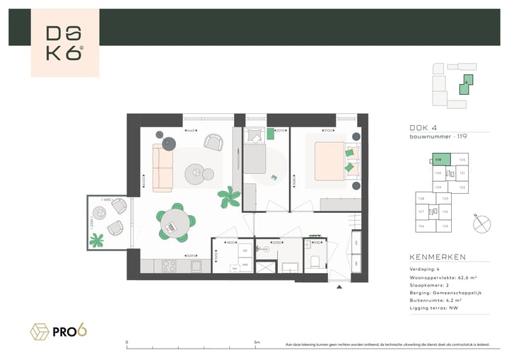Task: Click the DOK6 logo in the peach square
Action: point(65,43)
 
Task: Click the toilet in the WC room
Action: point(315,262)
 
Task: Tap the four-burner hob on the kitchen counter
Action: point(170,266)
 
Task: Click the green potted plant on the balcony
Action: point(97,240)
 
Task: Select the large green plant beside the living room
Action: point(228,197)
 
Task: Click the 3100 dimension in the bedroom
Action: point(327,131)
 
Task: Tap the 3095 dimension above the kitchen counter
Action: point(189,255)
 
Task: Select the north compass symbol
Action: point(483,223)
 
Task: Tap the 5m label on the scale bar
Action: point(257,342)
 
